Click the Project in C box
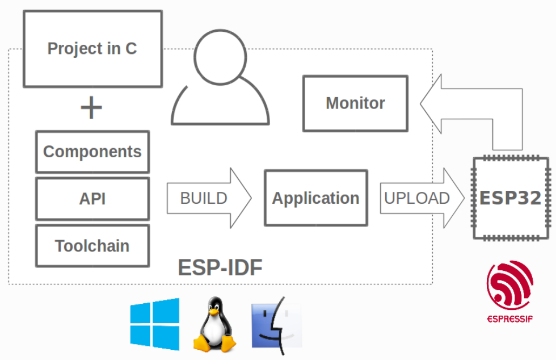click(92, 49)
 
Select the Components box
click(92, 152)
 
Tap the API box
click(92, 199)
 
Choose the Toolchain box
click(92, 246)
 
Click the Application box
click(316, 198)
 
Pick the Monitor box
click(355, 103)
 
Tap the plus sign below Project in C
click(91, 107)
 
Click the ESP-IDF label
click(220, 267)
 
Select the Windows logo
click(154, 324)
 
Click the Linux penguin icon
click(214, 325)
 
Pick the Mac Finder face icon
click(277, 325)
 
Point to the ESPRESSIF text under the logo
click(509, 319)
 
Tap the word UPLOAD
click(417, 198)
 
